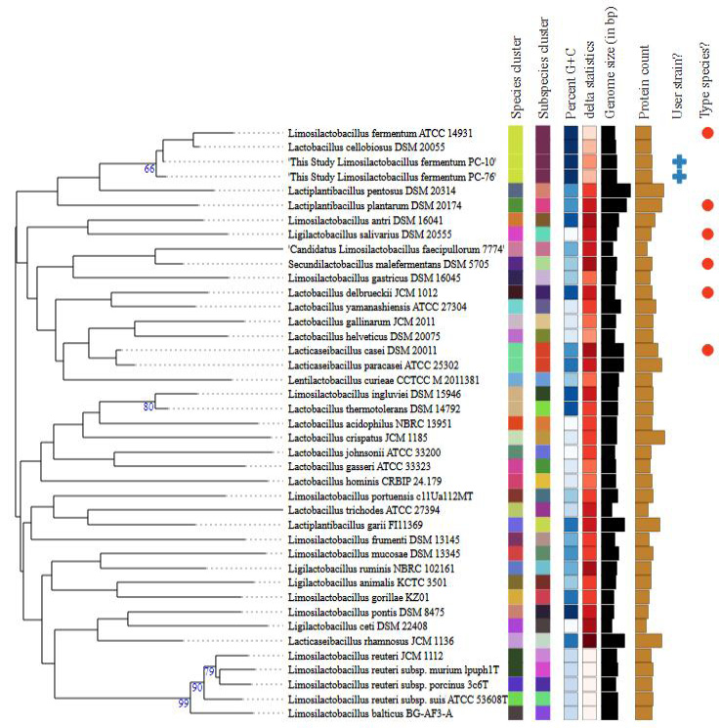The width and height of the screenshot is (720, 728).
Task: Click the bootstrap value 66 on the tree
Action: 149,168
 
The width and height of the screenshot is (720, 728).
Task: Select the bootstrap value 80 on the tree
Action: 148,407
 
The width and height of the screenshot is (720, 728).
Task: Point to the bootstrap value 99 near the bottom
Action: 184,704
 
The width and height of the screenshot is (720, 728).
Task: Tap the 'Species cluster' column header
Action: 516,78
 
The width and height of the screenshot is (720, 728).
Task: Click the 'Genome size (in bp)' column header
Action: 609,63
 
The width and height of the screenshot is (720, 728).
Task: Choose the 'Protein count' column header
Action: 643,82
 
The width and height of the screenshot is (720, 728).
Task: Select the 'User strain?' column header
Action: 677,86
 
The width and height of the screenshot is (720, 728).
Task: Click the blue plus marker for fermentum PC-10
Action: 680,161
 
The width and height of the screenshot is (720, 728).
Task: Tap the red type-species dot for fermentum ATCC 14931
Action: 707,133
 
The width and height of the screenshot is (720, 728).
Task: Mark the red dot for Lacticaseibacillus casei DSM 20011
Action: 707,350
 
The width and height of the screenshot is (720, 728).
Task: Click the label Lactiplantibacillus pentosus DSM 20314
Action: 372,191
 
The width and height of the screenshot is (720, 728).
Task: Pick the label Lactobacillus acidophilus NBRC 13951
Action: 369,423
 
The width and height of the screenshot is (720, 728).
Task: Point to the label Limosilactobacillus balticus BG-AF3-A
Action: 370,713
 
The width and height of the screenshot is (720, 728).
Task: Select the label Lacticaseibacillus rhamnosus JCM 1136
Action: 371,641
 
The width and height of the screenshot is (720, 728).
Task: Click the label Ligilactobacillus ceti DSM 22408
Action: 358,625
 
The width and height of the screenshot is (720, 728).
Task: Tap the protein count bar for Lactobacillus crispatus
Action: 650,438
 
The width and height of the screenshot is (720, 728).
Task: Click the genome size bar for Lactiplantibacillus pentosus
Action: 616,191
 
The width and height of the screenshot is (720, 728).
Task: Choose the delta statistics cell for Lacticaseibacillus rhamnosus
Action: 589,641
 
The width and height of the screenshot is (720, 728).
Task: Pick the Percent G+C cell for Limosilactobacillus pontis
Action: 571,612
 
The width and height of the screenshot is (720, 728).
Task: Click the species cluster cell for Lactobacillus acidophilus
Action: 516,423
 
